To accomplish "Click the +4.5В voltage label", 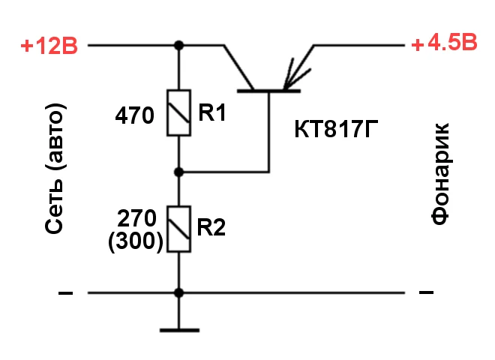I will (443, 44).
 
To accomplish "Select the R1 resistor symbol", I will (178, 113).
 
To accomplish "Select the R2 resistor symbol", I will (178, 229).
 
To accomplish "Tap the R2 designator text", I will (211, 227).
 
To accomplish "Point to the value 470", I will (135, 116).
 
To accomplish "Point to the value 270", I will (137, 218).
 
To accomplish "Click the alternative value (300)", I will (136, 241).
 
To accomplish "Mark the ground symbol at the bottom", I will (178, 328).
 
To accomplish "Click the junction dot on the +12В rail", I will (178, 46).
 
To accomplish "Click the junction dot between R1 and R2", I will (178, 172).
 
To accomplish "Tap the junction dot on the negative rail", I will (178, 292).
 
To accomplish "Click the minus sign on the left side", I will (66, 293).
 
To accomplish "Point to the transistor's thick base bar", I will (268, 91).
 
